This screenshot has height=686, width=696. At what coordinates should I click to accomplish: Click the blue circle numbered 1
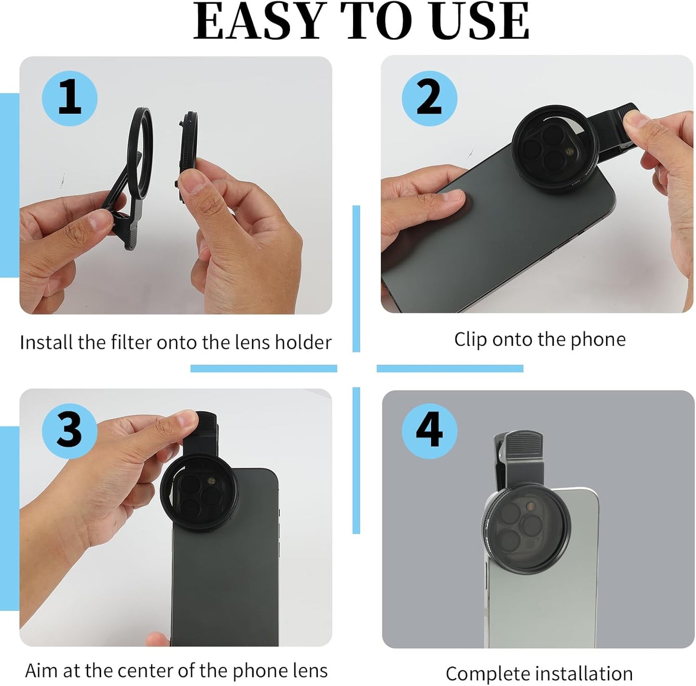point(70,98)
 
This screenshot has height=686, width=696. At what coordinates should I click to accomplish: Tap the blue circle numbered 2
point(429,98)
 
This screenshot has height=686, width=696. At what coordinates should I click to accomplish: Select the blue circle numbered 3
point(70,430)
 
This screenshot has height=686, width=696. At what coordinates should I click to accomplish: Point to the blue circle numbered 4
point(429,430)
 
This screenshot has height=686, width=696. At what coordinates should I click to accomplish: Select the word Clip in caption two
point(471,340)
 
